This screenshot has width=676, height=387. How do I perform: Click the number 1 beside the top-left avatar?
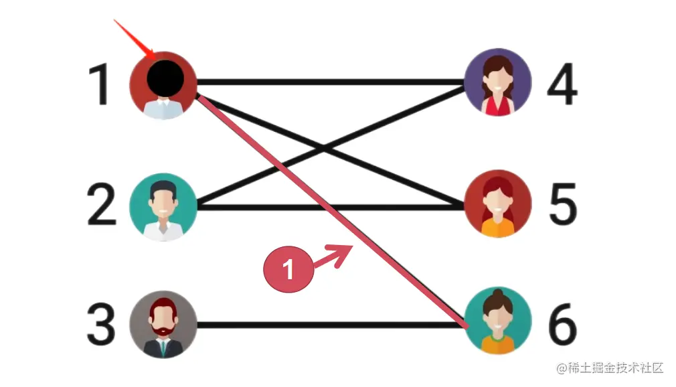[x=100, y=86]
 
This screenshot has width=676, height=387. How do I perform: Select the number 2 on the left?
[x=102, y=206]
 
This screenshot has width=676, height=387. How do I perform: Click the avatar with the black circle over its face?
[x=163, y=86]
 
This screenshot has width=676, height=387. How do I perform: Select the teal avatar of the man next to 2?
[x=163, y=207]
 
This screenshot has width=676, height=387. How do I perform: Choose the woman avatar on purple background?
[x=497, y=83]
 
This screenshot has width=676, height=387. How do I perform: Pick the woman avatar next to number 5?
[x=497, y=204]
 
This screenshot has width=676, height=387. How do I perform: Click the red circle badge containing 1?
[x=289, y=269]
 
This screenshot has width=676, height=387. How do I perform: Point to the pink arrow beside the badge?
[x=335, y=257]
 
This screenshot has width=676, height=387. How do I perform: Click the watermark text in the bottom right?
[x=608, y=368]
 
